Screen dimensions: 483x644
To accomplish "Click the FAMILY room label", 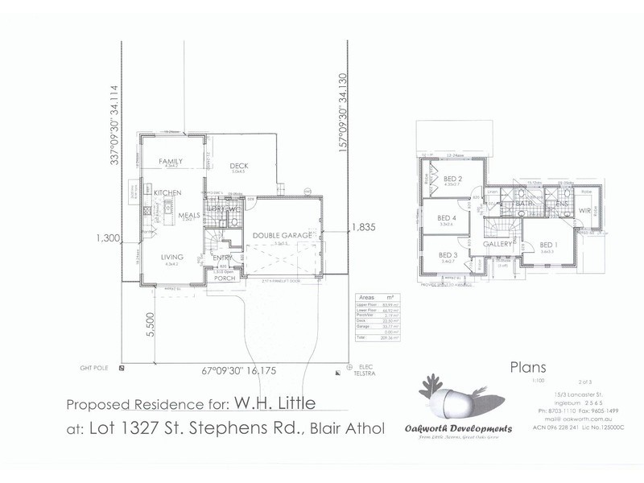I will pyautogui.click(x=171, y=162).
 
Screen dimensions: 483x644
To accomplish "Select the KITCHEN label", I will pyautogui.click(x=167, y=193).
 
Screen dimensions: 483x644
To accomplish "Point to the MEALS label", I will pyautogui.click(x=189, y=216).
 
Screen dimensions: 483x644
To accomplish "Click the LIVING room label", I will pyautogui.click(x=171, y=257).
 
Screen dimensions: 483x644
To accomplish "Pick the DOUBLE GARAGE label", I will pyautogui.click(x=282, y=235).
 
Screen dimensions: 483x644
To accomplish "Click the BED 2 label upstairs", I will pyautogui.click(x=452, y=179).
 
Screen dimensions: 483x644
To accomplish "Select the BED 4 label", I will pyautogui.click(x=447, y=218).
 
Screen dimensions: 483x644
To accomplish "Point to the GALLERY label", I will pyautogui.click(x=498, y=244).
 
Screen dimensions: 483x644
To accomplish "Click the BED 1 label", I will pyautogui.click(x=548, y=245).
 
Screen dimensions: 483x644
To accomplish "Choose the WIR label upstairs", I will pyautogui.click(x=584, y=210).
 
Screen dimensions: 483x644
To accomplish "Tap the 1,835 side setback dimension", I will pyautogui.click(x=363, y=229).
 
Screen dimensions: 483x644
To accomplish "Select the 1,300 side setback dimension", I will pyautogui.click(x=107, y=237).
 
